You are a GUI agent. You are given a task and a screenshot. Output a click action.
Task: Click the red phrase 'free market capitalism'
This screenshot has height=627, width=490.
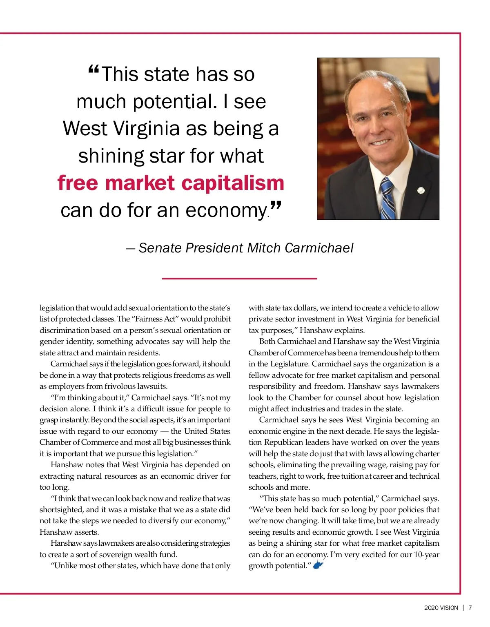point(171,183)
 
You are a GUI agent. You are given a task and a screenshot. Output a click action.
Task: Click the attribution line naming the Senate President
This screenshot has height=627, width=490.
point(240,248)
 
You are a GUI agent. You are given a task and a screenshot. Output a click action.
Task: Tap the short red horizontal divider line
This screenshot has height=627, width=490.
point(239,279)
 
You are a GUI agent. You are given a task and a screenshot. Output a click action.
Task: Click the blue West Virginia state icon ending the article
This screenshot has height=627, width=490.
point(318,565)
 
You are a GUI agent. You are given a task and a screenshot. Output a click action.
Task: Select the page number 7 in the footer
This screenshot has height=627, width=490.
point(470,608)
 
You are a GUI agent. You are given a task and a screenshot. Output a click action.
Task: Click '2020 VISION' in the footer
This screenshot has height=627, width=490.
point(441,608)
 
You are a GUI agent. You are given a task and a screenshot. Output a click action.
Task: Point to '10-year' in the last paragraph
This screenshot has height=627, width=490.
point(426,554)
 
